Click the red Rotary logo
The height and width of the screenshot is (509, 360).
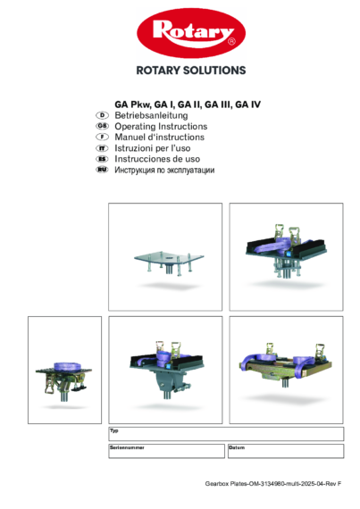[190, 35]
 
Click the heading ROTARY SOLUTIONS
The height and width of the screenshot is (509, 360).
[190, 70]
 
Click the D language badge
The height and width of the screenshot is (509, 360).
[102, 116]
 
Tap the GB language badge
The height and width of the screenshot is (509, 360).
[102, 127]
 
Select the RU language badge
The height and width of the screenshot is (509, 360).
[102, 170]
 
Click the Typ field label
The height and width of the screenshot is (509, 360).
[113, 430]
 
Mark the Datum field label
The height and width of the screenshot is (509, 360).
[237, 446]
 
